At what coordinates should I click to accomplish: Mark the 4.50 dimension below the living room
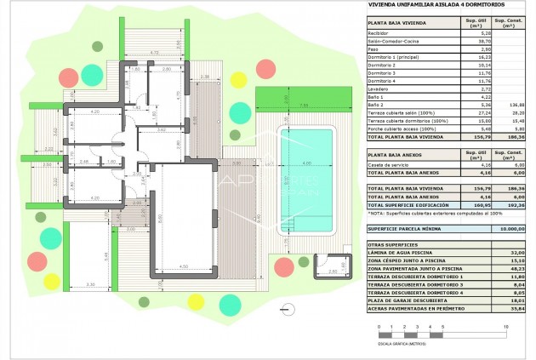pos(184,266)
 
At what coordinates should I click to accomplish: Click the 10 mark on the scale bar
pos(505,327)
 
